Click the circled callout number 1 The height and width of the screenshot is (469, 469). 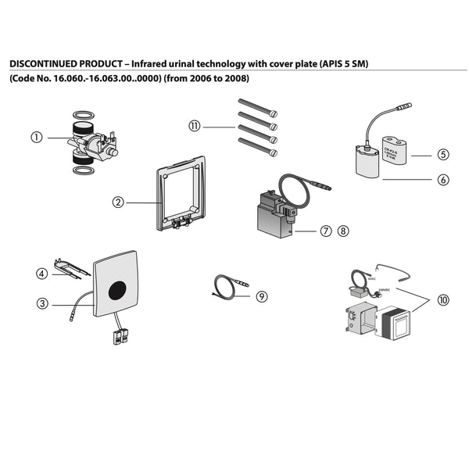click(x=36, y=138)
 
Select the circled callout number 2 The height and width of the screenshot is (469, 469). click(x=118, y=202)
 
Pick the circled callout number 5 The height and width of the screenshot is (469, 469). click(x=442, y=155)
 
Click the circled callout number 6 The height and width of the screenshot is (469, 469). click(x=442, y=179)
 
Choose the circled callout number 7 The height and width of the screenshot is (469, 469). click(x=325, y=231)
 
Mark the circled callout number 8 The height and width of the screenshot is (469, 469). click(x=344, y=231)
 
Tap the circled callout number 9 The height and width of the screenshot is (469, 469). click(x=261, y=296)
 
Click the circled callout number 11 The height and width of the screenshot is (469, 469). click(x=195, y=125)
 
